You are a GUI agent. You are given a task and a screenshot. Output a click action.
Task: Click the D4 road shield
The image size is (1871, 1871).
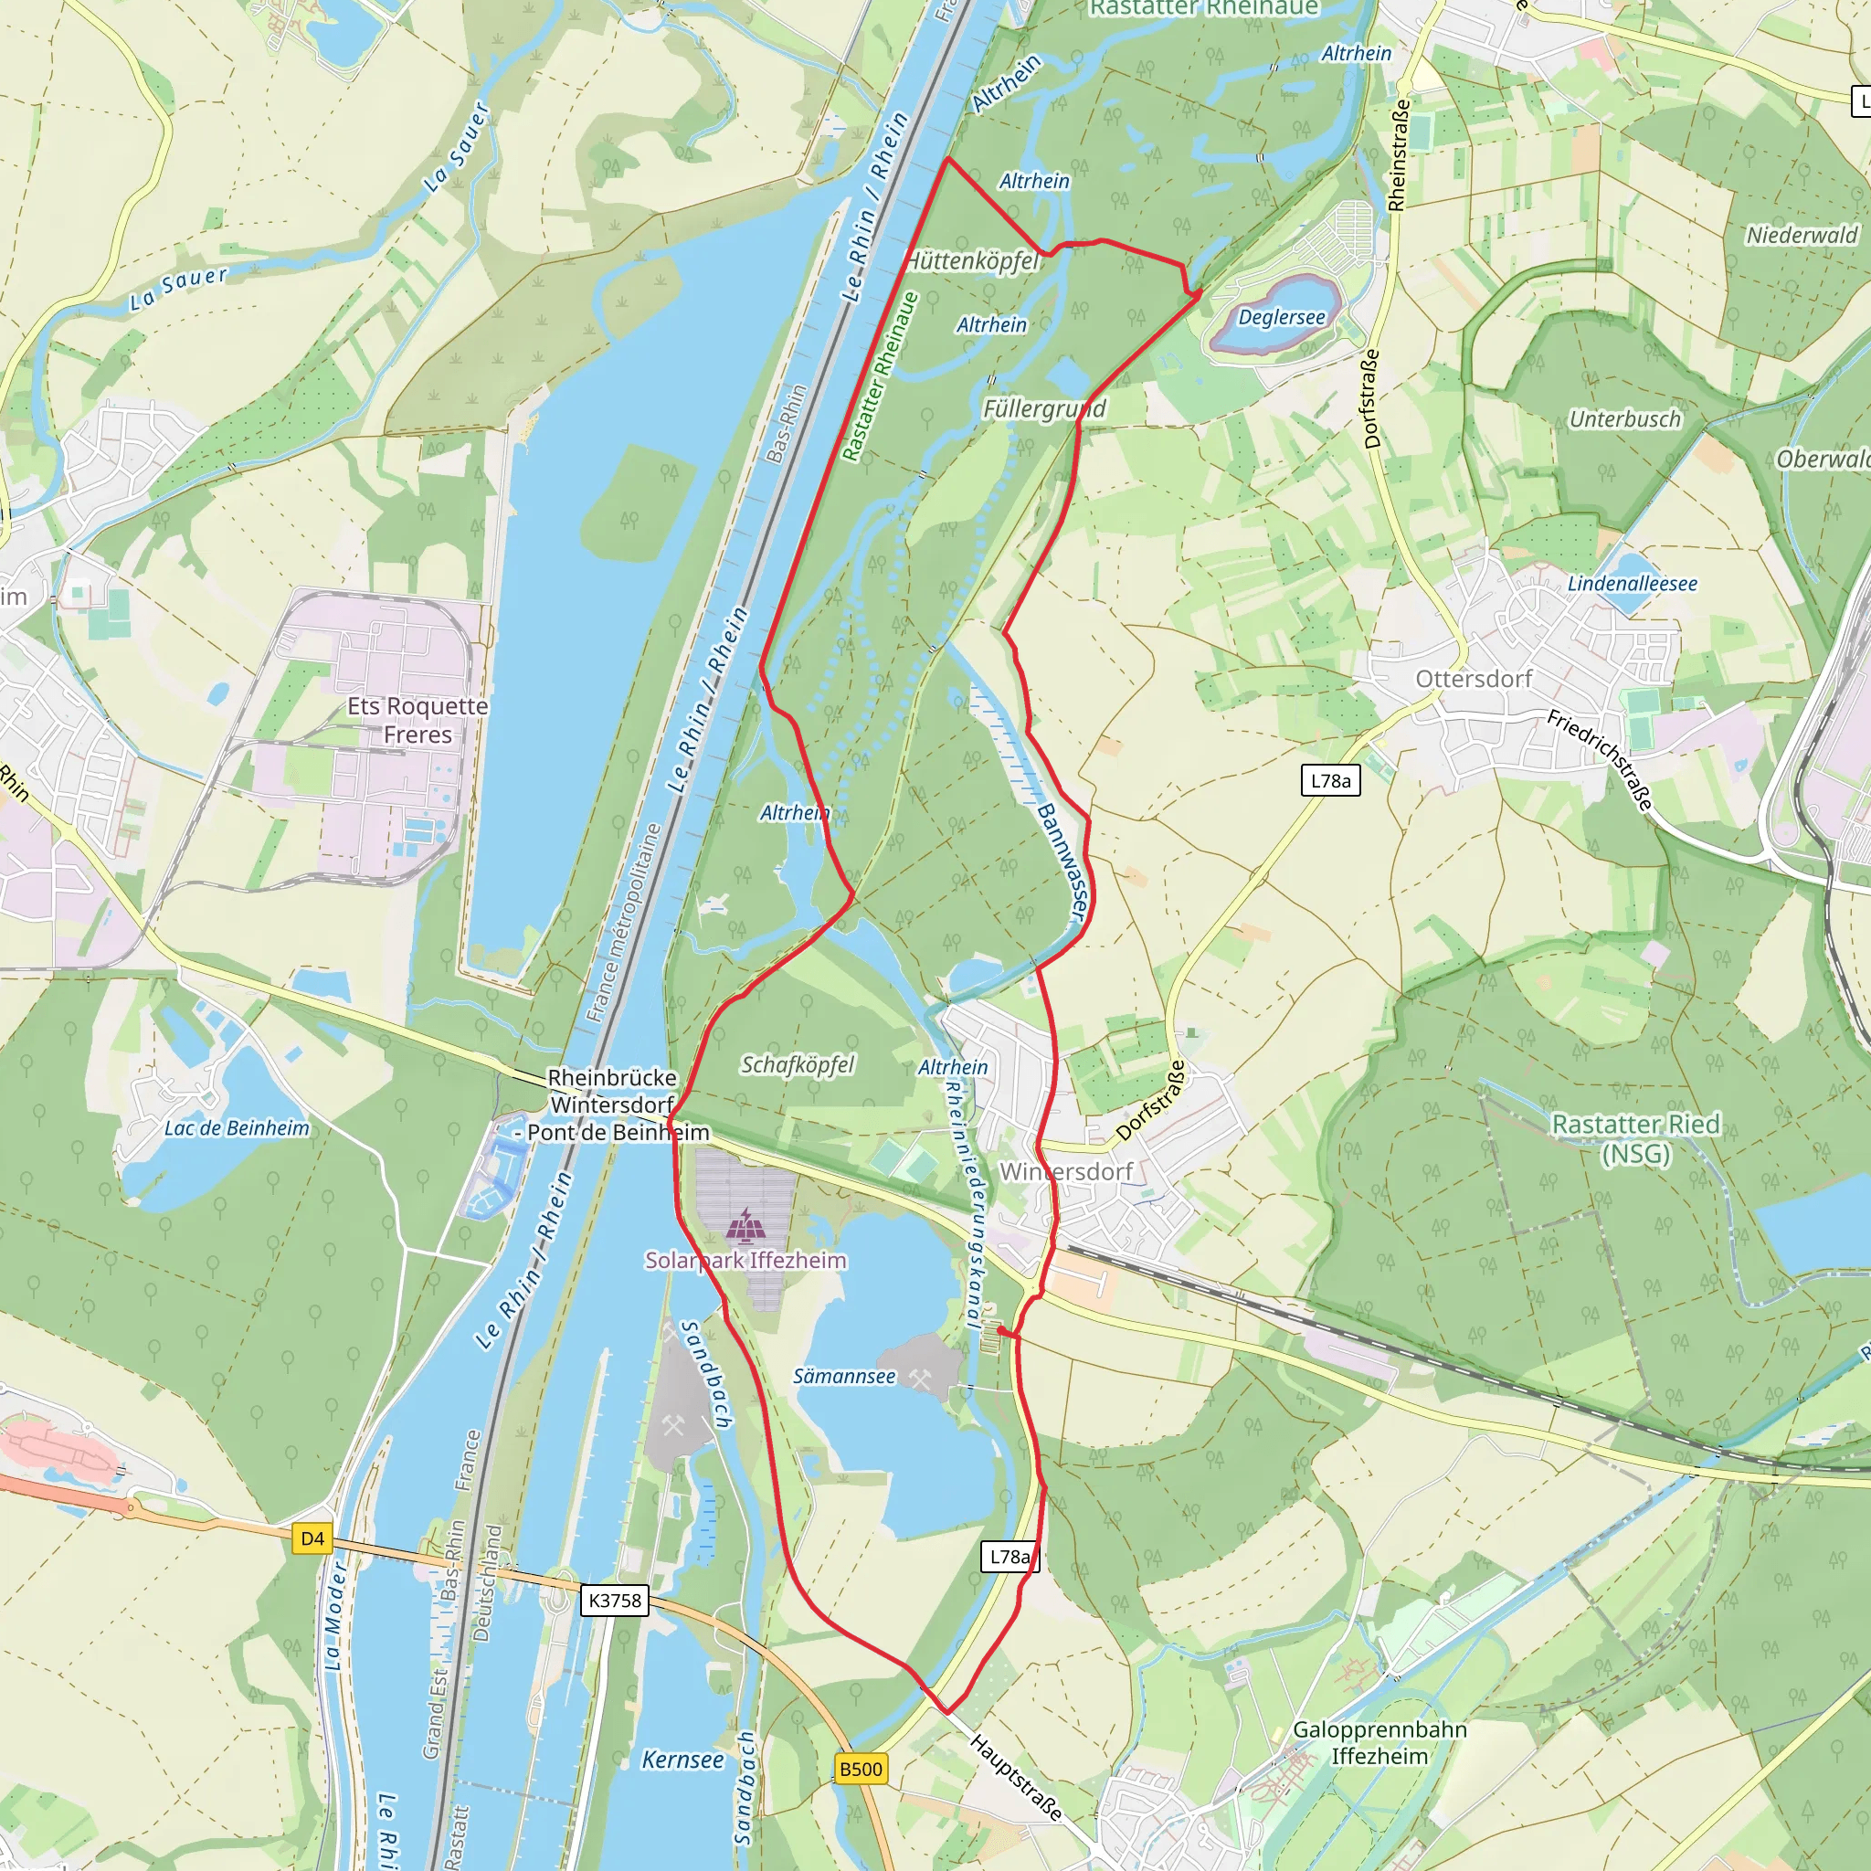(312, 1538)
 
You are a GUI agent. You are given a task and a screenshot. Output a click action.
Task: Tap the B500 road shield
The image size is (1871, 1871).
(860, 1770)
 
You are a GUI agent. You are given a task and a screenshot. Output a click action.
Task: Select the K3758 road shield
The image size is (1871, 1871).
(615, 1600)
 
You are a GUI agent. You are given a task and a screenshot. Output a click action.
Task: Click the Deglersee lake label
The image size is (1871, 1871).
(1281, 317)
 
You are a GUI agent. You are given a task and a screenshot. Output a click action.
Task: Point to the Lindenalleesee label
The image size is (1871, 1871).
(1632, 583)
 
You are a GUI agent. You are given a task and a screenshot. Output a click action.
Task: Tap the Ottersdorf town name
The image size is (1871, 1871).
(1473, 678)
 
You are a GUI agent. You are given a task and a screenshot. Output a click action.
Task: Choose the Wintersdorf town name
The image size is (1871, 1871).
(1065, 1171)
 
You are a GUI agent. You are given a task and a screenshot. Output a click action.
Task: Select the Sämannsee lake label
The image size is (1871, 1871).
(843, 1376)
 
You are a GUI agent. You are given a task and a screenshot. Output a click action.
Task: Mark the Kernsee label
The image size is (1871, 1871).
(682, 1760)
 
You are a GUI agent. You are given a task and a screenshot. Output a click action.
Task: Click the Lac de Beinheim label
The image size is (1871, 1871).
(237, 1127)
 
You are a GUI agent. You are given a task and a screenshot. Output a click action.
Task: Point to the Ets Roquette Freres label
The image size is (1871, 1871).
(418, 720)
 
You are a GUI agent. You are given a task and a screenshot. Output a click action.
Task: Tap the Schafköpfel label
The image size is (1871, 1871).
(797, 1064)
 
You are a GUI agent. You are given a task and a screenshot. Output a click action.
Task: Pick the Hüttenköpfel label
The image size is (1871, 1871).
(971, 260)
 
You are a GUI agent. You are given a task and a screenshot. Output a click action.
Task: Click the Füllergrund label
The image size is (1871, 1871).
(1044, 408)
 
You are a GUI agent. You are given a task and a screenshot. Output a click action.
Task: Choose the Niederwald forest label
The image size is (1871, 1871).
(1802, 235)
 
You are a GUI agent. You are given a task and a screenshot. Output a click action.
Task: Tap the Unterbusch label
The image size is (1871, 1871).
(1625, 418)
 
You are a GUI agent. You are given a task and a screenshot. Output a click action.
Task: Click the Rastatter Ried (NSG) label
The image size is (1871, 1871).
(1635, 1138)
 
